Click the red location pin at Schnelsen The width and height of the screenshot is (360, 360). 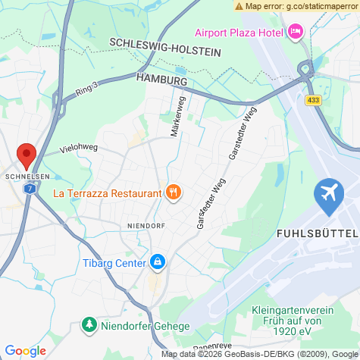tap(27, 155)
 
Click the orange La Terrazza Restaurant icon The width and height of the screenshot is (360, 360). tap(174, 193)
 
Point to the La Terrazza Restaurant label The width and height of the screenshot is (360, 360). tap(107, 193)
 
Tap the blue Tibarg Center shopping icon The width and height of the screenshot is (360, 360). tap(157, 262)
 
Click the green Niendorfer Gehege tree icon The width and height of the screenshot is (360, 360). tap(89, 325)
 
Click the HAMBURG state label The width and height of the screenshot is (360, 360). tap(161, 79)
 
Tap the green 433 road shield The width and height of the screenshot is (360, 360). tap(314, 99)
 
